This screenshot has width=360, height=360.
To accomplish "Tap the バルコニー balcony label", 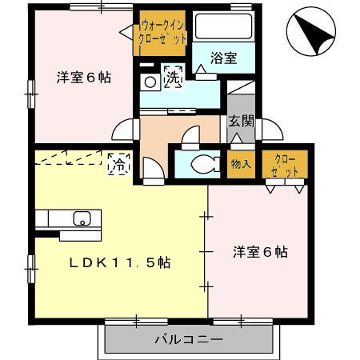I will pyautogui.click(x=189, y=339).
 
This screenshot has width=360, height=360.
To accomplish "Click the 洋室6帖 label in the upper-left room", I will pyautogui.click(x=83, y=78).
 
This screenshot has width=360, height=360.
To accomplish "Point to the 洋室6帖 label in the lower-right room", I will pyautogui.click(x=260, y=251).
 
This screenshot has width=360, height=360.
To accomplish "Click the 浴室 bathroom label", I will pyautogui.click(x=223, y=58).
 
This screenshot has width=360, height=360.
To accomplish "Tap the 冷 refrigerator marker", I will pyautogui.click(x=117, y=165).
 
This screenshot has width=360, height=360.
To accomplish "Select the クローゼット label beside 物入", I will pyautogui.click(x=286, y=165).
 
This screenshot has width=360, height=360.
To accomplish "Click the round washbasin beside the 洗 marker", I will pyautogui.click(x=150, y=81).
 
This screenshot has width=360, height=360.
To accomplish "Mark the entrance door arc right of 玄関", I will pyautogui.click(x=266, y=130).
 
